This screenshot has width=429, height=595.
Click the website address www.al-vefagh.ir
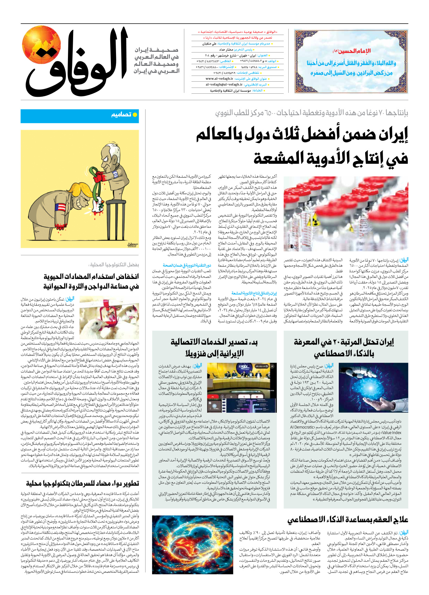(x=219, y=79)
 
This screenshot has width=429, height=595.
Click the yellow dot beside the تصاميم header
(x=135, y=115)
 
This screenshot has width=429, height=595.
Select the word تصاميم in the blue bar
(x=121, y=115)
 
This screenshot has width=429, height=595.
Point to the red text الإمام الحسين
(x=352, y=51)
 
